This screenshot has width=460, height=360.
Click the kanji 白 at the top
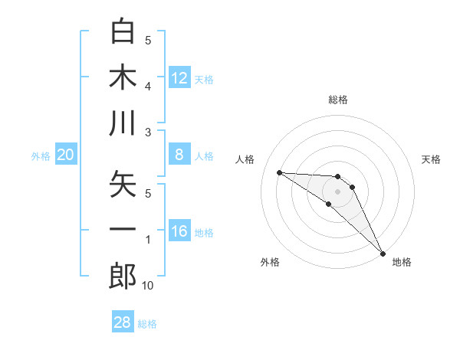123,31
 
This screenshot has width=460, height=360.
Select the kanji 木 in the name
123,77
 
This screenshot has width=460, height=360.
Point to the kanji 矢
123,184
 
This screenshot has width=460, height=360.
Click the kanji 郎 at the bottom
123,277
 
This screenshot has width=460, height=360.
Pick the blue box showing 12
179,77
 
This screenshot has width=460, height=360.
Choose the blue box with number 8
179,155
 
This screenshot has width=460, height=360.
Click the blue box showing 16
179,231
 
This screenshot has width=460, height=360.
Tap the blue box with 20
66,155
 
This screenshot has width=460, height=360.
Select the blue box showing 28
123,322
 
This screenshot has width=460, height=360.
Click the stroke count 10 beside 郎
148,286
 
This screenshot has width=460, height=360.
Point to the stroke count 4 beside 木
148,87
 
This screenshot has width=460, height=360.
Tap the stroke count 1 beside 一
148,240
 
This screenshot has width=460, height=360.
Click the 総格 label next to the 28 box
147,324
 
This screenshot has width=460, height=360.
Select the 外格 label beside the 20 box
41,156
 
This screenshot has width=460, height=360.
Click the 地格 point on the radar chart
383,252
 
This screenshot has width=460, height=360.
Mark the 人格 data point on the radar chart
279,172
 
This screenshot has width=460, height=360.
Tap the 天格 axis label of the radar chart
432,159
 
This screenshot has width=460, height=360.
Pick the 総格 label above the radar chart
337,100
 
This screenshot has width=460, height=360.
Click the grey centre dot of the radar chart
337,191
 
